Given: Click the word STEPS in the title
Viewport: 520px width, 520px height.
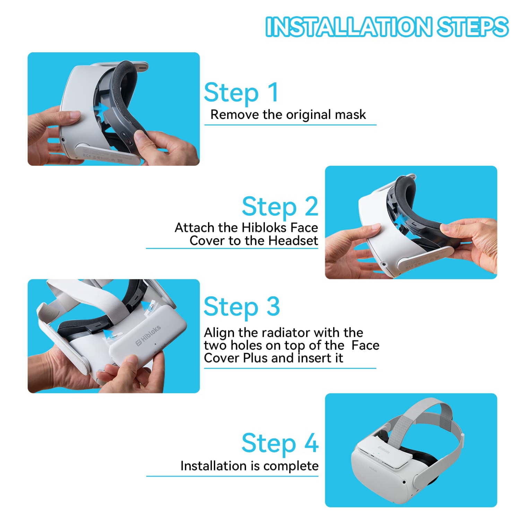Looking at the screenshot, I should [x=472, y=27].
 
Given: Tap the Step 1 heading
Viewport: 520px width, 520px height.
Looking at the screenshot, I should [x=241, y=93].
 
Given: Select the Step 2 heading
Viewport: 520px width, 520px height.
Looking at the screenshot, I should [x=280, y=206].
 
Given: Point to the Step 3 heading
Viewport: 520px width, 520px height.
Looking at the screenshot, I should [x=241, y=307].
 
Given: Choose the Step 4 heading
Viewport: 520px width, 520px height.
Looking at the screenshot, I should [x=280, y=443].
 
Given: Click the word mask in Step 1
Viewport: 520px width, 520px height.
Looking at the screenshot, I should [x=350, y=114].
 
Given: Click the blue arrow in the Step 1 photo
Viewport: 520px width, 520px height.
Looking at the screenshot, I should [x=101, y=108].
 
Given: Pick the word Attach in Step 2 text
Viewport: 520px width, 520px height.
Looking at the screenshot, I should [x=194, y=228].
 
